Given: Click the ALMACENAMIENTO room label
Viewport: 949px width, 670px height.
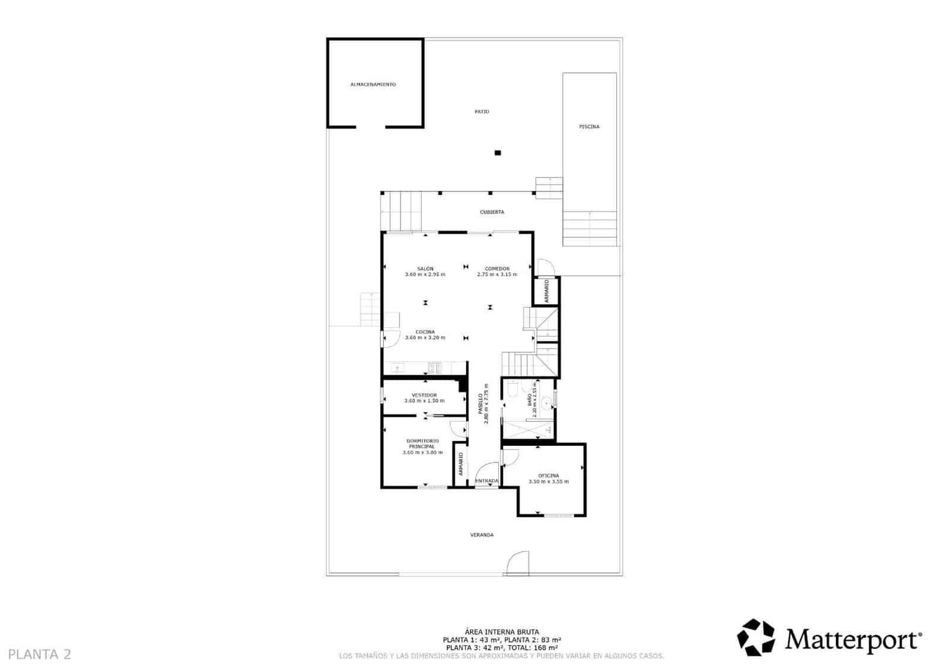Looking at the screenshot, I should (373, 85).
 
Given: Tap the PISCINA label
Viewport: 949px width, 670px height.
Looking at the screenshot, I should (589, 127).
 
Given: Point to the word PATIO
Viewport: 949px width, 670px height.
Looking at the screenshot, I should (482, 111).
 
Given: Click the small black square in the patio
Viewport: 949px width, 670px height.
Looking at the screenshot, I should (498, 153).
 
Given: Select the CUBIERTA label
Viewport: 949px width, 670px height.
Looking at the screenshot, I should (492, 212).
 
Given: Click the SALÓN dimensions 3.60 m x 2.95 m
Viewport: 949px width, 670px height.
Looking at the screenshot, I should (425, 275).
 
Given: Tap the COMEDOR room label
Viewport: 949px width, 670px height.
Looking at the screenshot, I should (497, 269).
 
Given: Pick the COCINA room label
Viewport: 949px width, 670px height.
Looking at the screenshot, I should (425, 332).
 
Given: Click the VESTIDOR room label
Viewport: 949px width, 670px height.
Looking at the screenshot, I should (424, 395).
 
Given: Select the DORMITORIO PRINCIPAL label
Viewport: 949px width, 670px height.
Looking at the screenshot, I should (422, 444).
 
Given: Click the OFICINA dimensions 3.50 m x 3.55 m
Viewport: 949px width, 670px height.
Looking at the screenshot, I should (548, 481).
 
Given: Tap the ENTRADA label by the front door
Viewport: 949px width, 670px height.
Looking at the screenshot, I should (487, 481).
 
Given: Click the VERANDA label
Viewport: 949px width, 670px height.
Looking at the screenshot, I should (482, 535).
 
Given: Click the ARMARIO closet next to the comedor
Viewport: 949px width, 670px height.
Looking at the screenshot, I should (547, 291).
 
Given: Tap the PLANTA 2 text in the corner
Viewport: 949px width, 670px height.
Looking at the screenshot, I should (40, 655).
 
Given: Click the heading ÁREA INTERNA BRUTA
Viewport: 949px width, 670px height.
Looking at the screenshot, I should (502, 633).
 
